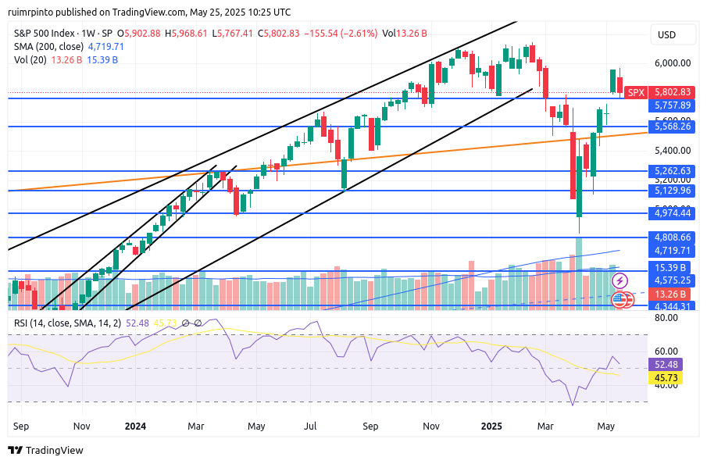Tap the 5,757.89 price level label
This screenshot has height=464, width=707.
click(673, 105)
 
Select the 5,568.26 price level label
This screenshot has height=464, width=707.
click(673, 127)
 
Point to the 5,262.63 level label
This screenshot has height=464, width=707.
click(673, 171)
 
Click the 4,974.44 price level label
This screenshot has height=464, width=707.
click(673, 213)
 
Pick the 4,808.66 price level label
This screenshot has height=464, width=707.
click(673, 237)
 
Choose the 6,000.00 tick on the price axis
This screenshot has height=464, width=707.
click(673, 63)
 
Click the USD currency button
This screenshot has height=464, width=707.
click(667, 35)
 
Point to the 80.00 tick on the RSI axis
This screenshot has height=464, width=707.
click(666, 319)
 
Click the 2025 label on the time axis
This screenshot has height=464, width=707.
click(491, 427)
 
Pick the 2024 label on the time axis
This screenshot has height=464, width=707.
click(136, 427)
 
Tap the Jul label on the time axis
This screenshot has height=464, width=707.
click(310, 427)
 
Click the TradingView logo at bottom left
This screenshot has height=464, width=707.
click(45, 451)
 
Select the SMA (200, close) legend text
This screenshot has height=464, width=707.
click(50, 47)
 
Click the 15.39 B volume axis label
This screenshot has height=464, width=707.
click(673, 267)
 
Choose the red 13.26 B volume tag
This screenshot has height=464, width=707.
click(673, 294)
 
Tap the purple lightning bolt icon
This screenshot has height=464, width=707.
click(620, 280)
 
